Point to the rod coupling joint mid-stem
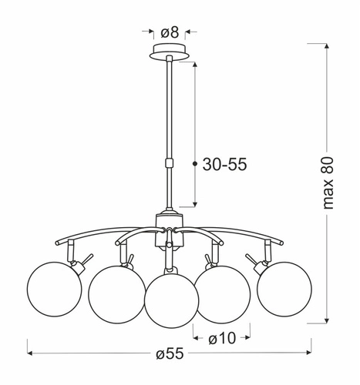coord(168,162)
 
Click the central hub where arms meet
coord(168,226)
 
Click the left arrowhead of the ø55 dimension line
coord(32,353)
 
